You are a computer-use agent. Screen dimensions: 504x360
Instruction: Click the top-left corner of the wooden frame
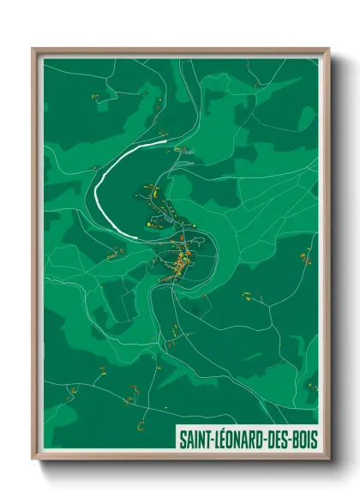tap(33, 50)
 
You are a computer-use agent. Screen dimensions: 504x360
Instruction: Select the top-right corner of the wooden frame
tap(328, 50)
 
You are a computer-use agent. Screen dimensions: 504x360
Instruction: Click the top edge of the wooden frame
tap(180, 50)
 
